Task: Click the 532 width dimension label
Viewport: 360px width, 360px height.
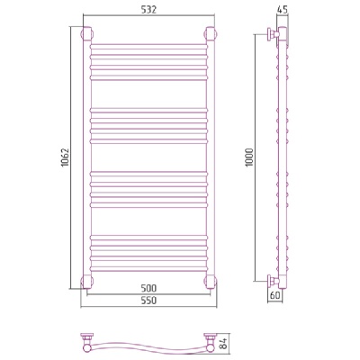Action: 148,10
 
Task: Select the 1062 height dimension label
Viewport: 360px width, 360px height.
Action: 66,158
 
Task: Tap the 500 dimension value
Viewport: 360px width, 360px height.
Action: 148,289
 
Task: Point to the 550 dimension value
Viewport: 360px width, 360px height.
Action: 148,301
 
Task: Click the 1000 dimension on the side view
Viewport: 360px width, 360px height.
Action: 250,158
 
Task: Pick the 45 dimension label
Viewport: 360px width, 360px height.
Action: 282,10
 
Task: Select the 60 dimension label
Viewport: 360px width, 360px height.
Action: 275,295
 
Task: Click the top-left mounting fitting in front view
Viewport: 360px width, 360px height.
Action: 86,33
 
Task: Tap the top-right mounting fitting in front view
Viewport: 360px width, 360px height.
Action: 211,33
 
